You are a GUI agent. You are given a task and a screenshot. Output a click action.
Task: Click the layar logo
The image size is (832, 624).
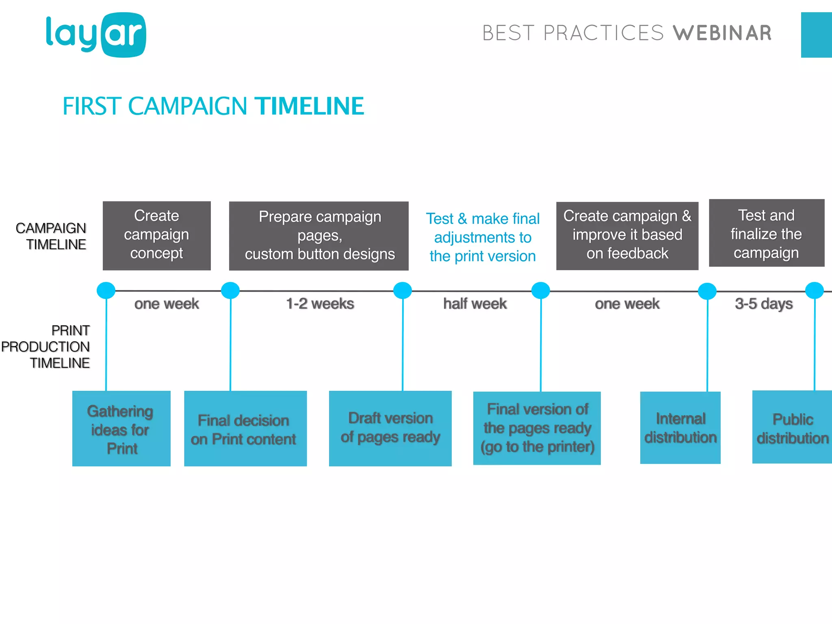point(96,35)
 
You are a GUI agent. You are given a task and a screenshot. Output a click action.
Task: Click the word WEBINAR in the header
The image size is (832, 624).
point(722,33)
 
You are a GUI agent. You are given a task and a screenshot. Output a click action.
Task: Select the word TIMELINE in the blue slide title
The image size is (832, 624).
point(309,106)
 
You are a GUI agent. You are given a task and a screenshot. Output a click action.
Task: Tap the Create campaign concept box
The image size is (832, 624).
point(156,235)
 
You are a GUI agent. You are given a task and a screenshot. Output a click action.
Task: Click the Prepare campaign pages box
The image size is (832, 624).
point(319,236)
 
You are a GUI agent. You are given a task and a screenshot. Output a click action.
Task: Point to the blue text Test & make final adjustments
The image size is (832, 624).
point(483,237)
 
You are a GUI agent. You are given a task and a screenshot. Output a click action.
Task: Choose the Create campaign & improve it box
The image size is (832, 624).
point(627,236)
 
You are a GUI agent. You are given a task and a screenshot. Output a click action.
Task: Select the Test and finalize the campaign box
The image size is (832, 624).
point(766,233)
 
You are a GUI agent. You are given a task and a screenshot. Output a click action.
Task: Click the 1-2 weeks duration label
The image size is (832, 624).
point(320,304)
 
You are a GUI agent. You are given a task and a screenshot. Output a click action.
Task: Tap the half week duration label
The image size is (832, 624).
point(475,304)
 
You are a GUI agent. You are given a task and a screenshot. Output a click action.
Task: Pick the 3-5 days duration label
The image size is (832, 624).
point(764,304)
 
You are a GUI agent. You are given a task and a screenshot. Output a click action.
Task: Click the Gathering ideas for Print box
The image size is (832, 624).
point(121,429)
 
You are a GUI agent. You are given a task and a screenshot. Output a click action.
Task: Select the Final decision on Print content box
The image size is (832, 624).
point(245,429)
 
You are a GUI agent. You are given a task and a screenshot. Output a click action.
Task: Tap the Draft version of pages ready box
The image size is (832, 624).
point(390,428)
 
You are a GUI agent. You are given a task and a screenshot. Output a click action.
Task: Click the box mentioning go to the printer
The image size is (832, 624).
point(537,428)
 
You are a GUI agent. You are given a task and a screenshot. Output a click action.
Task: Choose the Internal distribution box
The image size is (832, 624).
point(680,428)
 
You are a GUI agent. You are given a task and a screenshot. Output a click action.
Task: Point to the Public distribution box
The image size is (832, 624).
point(792,428)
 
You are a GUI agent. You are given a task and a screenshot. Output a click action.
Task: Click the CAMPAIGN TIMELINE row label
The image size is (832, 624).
point(51,236)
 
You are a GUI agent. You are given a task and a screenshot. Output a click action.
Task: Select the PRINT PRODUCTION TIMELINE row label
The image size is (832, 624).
point(46,347)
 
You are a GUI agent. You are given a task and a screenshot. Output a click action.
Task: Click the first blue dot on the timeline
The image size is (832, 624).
point(106,290)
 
